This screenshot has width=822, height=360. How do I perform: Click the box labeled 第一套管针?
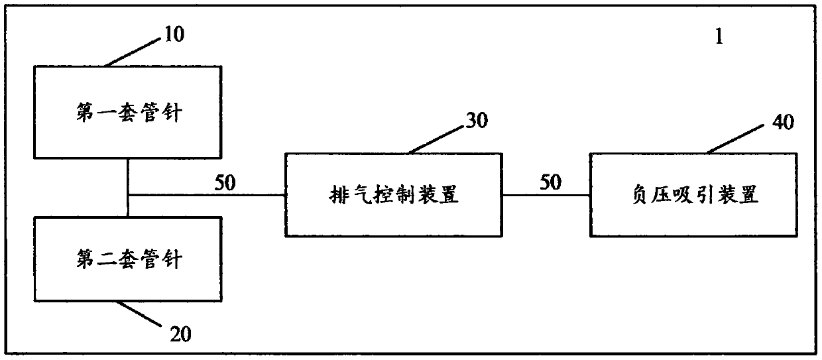tap(127, 111)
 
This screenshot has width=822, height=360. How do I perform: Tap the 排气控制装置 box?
tap(394, 195)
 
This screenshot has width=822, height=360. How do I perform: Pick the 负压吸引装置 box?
tap(693, 195)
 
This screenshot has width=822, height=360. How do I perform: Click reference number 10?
tap(174, 34)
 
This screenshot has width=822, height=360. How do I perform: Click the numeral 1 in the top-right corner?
tap(718, 37)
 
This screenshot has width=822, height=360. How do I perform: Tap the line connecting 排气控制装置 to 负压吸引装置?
tap(546, 196)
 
